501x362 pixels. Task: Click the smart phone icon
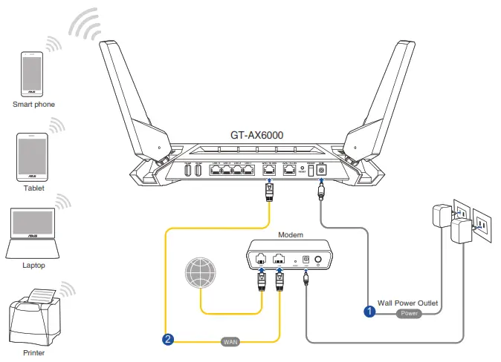tap(32, 73)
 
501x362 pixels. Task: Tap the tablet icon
tap(33, 157)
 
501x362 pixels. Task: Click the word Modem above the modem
tap(291, 234)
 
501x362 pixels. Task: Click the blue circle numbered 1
tap(369, 312)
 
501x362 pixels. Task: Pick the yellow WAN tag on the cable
tap(230, 342)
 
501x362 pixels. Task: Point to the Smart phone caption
tap(33, 105)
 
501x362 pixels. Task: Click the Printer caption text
tap(33, 353)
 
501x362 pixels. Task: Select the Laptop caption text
tap(33, 265)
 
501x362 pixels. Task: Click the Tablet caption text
tap(33, 188)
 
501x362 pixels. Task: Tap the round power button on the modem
tap(319, 260)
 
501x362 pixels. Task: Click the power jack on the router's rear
tap(321, 170)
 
